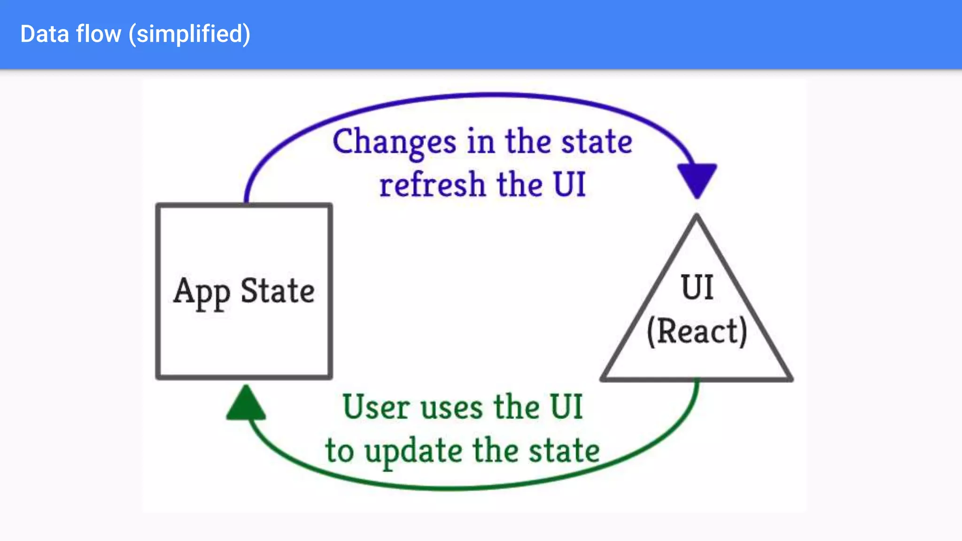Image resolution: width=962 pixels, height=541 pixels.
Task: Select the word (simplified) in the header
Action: pyautogui.click(x=190, y=35)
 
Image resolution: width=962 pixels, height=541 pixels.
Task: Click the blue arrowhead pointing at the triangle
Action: pyautogui.click(x=697, y=179)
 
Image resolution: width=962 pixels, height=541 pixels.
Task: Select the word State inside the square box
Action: pyautogui.click(x=278, y=291)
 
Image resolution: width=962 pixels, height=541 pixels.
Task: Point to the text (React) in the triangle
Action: pyautogui.click(x=697, y=332)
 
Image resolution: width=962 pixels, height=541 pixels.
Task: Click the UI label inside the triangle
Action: pyautogui.click(x=697, y=287)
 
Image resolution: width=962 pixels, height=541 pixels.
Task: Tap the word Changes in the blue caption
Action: pyautogui.click(x=394, y=142)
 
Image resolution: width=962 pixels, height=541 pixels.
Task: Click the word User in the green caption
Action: pyautogui.click(x=376, y=407)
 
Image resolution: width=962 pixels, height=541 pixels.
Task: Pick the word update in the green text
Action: pyautogui.click(x=413, y=451)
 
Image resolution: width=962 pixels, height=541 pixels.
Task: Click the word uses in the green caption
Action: pyautogui.click(x=451, y=408)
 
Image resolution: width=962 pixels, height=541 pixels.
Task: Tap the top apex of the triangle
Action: pyautogui.click(x=697, y=217)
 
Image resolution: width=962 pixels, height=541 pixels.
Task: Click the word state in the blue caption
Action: pyautogui.click(x=597, y=142)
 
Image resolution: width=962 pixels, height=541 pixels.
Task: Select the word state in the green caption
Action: pyautogui.click(x=564, y=450)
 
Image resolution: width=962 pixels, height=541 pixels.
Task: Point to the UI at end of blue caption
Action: pyautogui.click(x=569, y=184)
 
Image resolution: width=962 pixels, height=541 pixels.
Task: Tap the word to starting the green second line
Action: pyautogui.click(x=340, y=451)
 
